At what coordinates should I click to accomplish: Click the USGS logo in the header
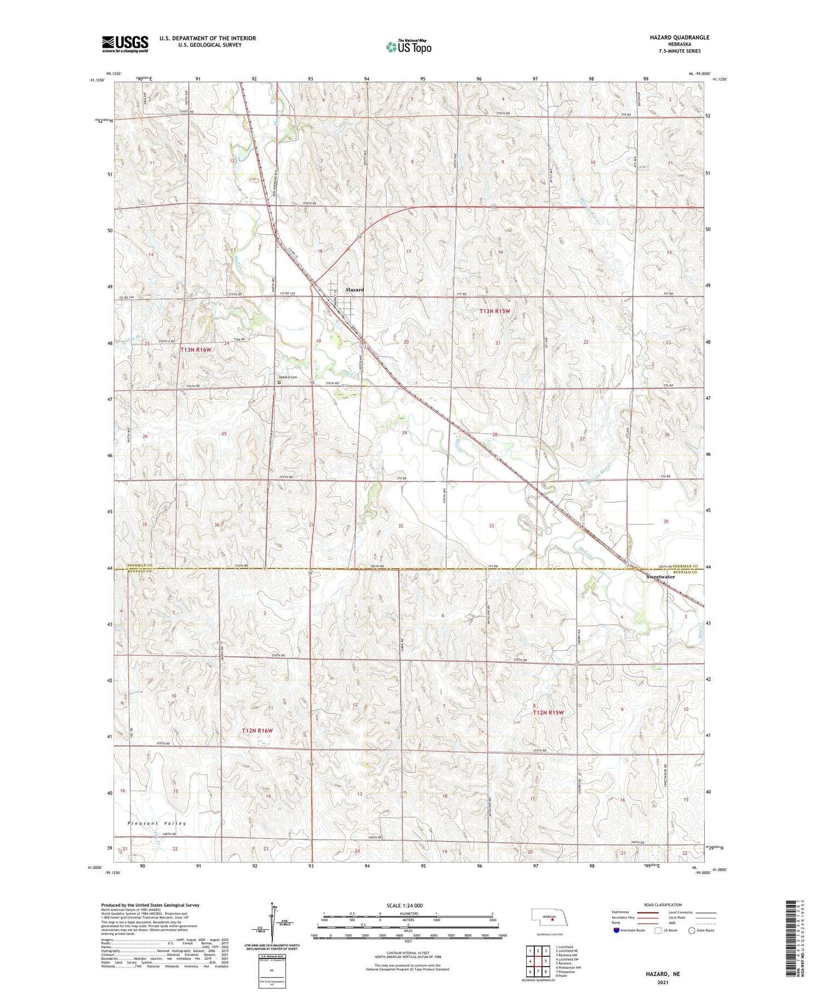[125, 44]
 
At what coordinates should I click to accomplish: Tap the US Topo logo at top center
[409, 47]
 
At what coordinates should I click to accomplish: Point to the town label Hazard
[355, 289]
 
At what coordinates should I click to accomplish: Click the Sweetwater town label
[660, 577]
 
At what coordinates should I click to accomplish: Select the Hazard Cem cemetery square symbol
[279, 383]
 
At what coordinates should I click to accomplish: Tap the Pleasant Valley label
[157, 823]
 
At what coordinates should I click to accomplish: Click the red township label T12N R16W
[258, 730]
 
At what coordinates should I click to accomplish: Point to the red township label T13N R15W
[495, 311]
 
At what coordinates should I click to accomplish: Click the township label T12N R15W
[549, 712]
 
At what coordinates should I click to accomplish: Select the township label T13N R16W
[196, 349]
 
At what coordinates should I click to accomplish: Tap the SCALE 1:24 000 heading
[404, 905]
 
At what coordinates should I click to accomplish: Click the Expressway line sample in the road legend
[647, 912]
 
